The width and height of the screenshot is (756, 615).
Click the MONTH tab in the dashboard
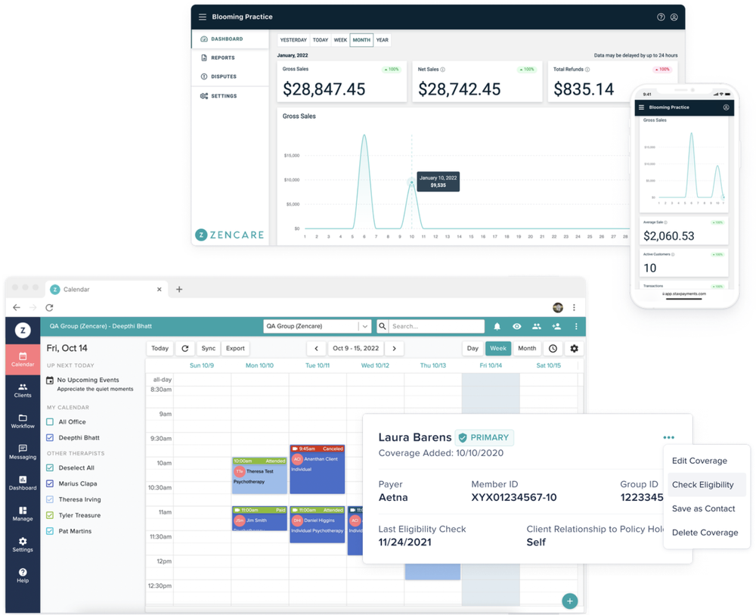click(x=361, y=40)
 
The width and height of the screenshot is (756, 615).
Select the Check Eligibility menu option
click(x=702, y=485)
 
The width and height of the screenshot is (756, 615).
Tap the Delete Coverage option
click(x=705, y=533)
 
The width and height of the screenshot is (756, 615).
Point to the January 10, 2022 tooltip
click(x=438, y=181)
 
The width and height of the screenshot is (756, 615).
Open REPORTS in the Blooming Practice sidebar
click(x=222, y=57)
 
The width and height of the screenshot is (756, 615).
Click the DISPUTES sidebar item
click(x=223, y=76)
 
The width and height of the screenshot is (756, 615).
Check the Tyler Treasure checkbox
click(x=50, y=515)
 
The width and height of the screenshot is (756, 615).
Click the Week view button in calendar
click(x=497, y=348)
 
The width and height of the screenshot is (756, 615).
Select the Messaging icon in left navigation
click(x=23, y=452)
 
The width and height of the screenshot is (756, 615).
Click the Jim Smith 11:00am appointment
click(x=259, y=519)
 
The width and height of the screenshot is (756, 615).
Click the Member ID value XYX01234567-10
click(x=513, y=498)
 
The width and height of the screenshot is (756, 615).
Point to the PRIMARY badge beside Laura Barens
click(x=485, y=437)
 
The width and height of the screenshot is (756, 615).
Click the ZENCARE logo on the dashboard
click(x=230, y=235)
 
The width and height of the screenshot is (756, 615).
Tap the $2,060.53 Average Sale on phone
click(x=668, y=236)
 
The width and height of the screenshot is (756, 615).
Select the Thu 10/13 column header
click(x=433, y=365)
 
